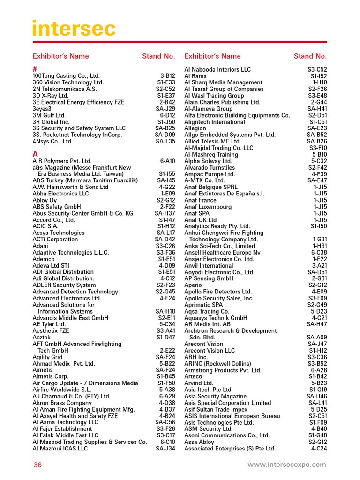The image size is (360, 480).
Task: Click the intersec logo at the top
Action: (74, 29)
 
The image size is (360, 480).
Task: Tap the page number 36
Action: (37, 465)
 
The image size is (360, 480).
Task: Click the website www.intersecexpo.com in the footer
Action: (286, 465)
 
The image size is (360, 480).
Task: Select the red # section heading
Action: (35, 69)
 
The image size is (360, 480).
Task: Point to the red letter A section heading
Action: (35, 154)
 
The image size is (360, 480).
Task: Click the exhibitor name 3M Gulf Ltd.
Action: (49, 115)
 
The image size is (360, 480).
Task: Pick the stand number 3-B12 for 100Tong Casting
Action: (167, 75)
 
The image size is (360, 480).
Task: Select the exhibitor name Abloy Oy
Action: (45, 200)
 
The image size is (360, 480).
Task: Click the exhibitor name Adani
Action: (40, 246)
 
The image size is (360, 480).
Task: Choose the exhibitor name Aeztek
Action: (41, 337)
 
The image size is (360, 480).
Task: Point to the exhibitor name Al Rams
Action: (195, 76)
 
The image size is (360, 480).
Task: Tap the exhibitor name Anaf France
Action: (201, 200)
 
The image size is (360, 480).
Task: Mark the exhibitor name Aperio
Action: (193, 285)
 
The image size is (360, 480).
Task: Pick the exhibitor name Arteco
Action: (194, 376)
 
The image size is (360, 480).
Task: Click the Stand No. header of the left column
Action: (158, 56)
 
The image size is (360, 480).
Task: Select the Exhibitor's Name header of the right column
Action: (212, 56)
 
